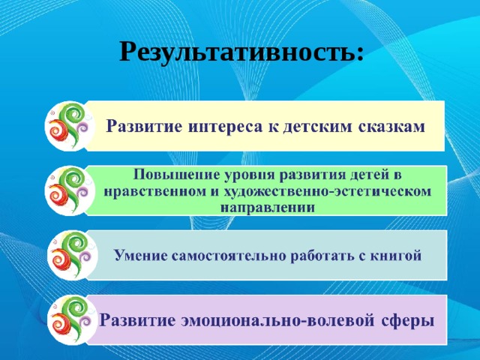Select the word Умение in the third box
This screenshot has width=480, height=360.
tap(139, 255)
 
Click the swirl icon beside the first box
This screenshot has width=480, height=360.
tap(67, 125)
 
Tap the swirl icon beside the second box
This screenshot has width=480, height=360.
tap(67, 190)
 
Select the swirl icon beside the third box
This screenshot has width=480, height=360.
tap(67, 254)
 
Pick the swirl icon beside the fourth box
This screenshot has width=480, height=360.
tap(67, 319)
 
